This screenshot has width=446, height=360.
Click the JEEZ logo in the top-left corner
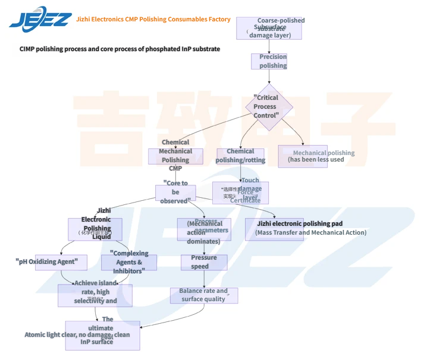(40, 19)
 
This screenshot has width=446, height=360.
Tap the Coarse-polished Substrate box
(269, 28)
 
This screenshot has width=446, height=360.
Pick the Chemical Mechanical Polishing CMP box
(175, 156)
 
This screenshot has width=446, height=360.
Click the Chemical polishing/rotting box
(240, 156)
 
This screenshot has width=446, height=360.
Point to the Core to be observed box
(175, 192)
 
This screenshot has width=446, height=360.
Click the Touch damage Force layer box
(240, 192)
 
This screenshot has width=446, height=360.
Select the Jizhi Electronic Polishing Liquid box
(95, 229)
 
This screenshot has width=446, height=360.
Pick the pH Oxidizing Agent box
(61, 262)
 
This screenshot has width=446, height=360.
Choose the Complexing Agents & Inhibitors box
(129, 262)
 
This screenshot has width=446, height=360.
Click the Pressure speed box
(204, 262)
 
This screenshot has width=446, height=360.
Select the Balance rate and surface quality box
(203, 295)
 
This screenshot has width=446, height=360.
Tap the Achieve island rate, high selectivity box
(95, 295)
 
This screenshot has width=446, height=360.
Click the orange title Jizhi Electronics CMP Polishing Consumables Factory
(153, 19)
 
